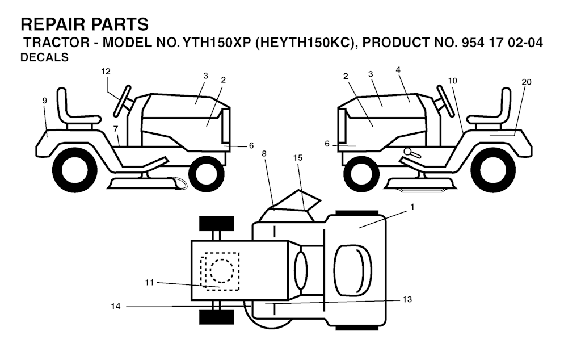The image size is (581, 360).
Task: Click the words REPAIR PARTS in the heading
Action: (x=85, y=24)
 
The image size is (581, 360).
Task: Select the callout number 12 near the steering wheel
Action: (x=106, y=72)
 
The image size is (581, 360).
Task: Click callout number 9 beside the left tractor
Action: (x=45, y=101)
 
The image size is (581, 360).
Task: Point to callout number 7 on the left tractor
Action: (x=115, y=129)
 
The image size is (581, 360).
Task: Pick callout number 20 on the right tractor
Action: (x=526, y=82)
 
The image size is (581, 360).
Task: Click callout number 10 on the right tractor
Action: (x=452, y=81)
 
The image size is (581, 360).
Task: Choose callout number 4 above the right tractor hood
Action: (x=398, y=69)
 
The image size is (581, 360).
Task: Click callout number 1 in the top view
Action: (x=412, y=207)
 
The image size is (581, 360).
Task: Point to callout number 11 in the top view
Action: (x=149, y=281)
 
